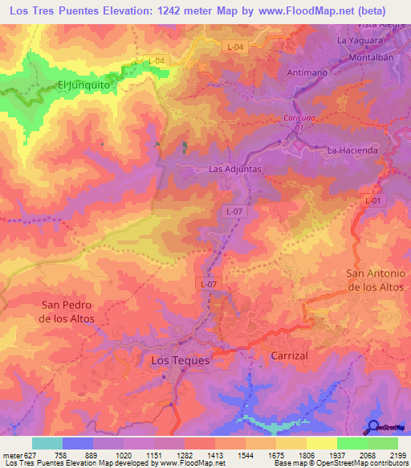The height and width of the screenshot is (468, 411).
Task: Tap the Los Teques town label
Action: pyautogui.click(x=181, y=361)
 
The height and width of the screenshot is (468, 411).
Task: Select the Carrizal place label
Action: pyautogui.click(x=289, y=355)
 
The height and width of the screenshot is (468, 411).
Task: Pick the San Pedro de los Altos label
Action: pyautogui.click(x=67, y=312)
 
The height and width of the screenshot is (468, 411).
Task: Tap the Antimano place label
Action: pyautogui.click(x=306, y=72)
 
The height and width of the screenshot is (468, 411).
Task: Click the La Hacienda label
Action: pyautogui.click(x=352, y=150)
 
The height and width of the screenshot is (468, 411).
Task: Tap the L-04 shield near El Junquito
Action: pyautogui.click(x=157, y=61)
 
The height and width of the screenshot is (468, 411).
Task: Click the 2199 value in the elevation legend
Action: pyautogui.click(x=397, y=455)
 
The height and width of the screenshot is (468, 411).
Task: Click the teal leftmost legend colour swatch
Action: pyautogui.click(x=47, y=443)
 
